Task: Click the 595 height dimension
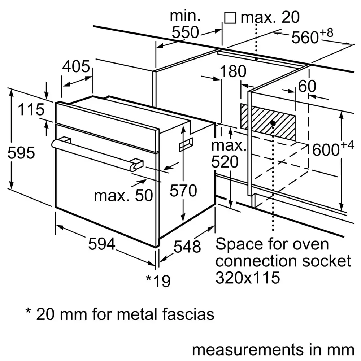pyautogui.click(x=22, y=153)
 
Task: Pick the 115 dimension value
pyautogui.click(x=31, y=110)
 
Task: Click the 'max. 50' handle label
pyautogui.click(x=123, y=195)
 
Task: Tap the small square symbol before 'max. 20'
pyautogui.click(x=230, y=17)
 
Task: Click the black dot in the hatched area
pyautogui.click(x=273, y=123)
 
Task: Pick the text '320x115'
pyautogui.click(x=247, y=278)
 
